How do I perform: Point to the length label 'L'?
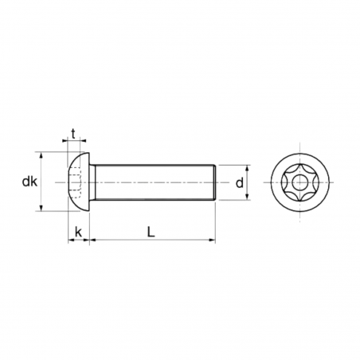point(151,231)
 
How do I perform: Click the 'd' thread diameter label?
point(239,183)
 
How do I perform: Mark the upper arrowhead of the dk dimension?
point(41,156)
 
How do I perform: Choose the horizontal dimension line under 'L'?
point(151,239)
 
